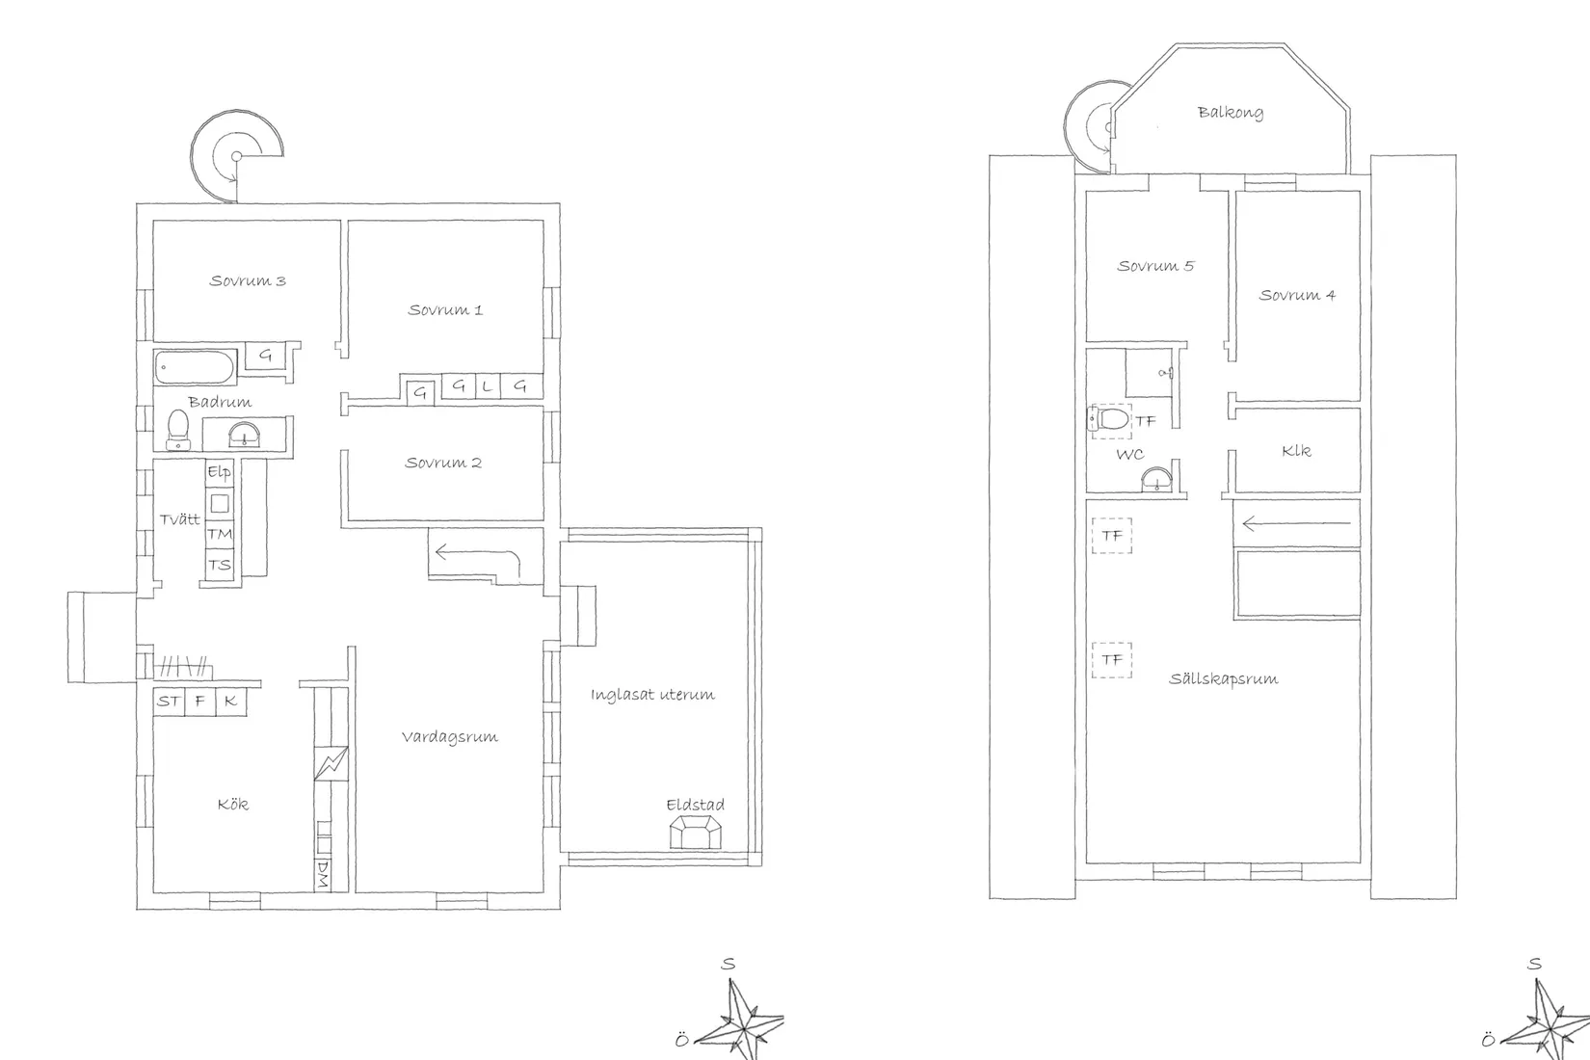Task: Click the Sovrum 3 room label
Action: (x=248, y=280)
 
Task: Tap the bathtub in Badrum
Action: (x=195, y=367)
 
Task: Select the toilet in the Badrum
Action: (x=177, y=430)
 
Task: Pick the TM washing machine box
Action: (x=220, y=534)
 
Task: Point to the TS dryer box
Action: (x=220, y=565)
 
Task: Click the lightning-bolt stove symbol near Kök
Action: (x=331, y=763)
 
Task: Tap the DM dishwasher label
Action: (x=323, y=875)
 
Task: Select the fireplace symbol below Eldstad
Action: (x=696, y=832)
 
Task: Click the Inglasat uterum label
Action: (x=652, y=695)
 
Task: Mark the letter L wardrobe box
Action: (x=487, y=386)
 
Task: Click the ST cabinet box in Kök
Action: (x=169, y=702)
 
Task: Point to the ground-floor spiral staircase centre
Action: (x=236, y=156)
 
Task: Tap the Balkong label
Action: (x=1231, y=112)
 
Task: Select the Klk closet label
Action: (x=1296, y=451)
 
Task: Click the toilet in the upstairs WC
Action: (x=1109, y=419)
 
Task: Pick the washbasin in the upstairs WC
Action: (x=1157, y=480)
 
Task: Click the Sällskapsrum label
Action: (x=1223, y=678)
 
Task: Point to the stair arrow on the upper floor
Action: (x=1296, y=524)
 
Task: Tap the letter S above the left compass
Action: (x=729, y=965)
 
